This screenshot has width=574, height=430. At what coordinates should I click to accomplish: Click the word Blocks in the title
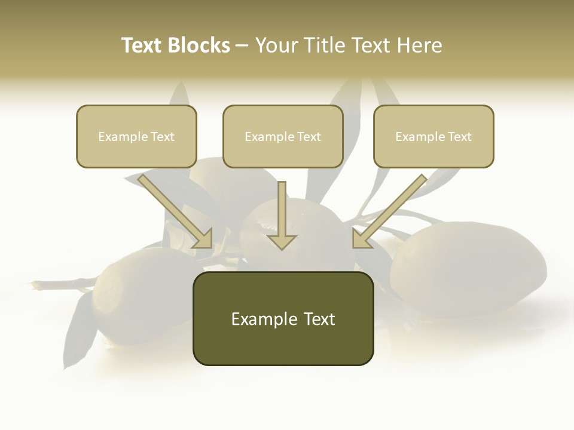point(200,45)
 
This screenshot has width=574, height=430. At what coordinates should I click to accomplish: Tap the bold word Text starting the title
point(143,45)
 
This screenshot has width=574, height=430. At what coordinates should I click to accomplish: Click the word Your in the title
point(277,45)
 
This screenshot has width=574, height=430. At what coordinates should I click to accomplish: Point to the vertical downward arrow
point(282,215)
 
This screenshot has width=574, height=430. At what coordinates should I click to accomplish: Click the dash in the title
point(243,46)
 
